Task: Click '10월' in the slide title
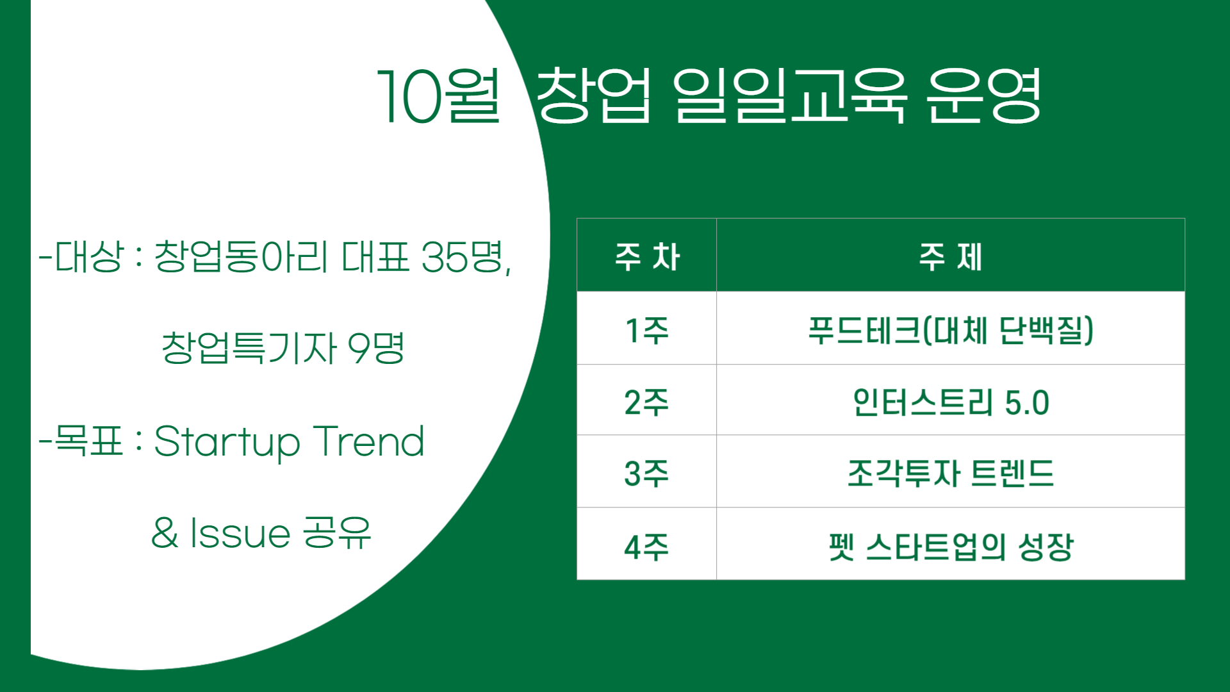pos(439,96)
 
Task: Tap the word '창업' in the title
pos(593,96)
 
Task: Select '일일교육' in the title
pos(789,96)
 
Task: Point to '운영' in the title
pos(983,96)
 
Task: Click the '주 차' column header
pos(646,257)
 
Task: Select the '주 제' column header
pos(950,257)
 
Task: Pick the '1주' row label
pos(646,331)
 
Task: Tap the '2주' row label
pos(646,402)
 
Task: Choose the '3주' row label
pos(646,474)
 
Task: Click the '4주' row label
pos(646,547)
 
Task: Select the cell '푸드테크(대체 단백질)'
pos(950,331)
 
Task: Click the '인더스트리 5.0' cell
pos(950,402)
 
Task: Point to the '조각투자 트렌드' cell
pos(950,474)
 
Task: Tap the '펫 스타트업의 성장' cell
pos(950,547)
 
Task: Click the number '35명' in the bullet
pos(464,257)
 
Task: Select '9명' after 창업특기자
pos(375,348)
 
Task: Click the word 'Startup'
pos(227,442)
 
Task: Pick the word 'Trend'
pos(368,441)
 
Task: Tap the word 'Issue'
pos(240,533)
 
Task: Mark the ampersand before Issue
pos(165,533)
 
